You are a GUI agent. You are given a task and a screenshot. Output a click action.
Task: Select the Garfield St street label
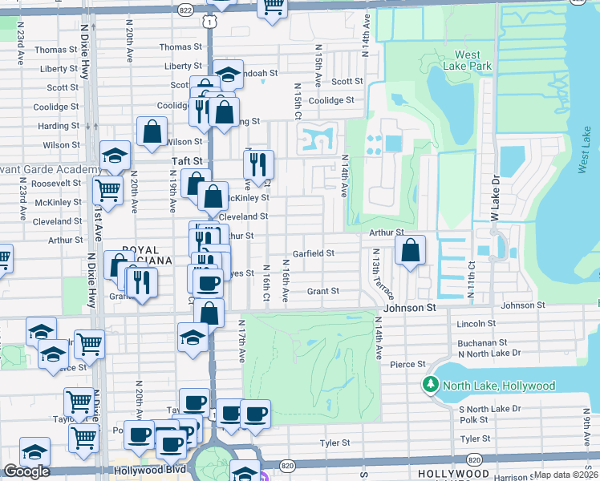(313, 253)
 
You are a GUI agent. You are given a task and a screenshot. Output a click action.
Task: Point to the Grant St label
(322, 291)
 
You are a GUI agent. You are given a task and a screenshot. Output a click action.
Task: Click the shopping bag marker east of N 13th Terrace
(410, 249)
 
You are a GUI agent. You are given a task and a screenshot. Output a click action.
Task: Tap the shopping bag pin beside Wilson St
(152, 133)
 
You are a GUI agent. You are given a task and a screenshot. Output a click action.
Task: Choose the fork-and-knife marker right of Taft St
(258, 165)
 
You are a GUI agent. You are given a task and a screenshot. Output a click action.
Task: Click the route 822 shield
(186, 10)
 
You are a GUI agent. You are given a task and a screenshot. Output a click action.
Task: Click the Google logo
(26, 471)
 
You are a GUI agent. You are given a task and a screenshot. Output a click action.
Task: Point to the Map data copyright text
(566, 475)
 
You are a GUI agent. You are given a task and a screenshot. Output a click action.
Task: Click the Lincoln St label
(477, 323)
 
